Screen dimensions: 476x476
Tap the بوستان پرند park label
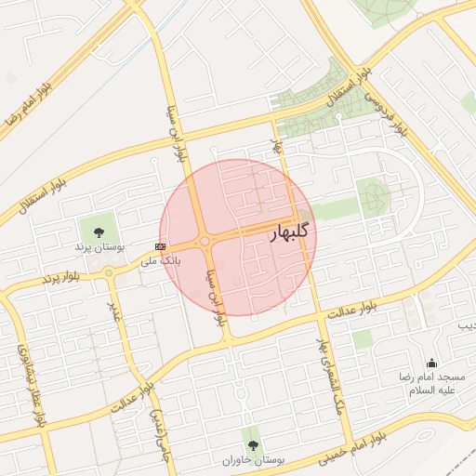pos(99,248)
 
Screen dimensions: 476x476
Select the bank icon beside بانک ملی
pos(161,246)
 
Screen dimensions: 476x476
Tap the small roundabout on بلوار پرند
pos(110,272)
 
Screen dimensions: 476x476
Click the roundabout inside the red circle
pos(205,242)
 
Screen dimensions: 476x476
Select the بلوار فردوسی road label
pos(386,110)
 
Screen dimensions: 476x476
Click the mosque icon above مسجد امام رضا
pos(430,364)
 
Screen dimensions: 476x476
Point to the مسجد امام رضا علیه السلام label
pos(437,384)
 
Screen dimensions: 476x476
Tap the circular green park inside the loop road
pos(375,195)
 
